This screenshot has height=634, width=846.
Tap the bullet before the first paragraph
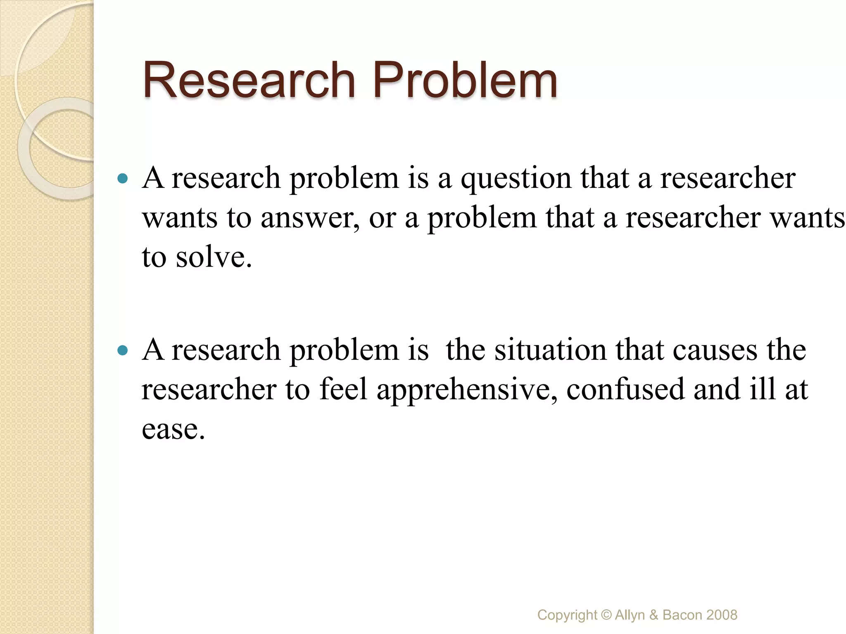click(x=123, y=179)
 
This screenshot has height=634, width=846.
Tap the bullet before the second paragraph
click(x=123, y=351)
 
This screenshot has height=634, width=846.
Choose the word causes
click(x=715, y=350)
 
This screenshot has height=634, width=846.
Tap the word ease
click(x=173, y=429)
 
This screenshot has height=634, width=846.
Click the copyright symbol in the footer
click(x=606, y=615)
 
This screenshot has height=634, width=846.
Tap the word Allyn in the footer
click(x=630, y=615)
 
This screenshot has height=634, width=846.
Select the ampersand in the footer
click(x=654, y=615)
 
